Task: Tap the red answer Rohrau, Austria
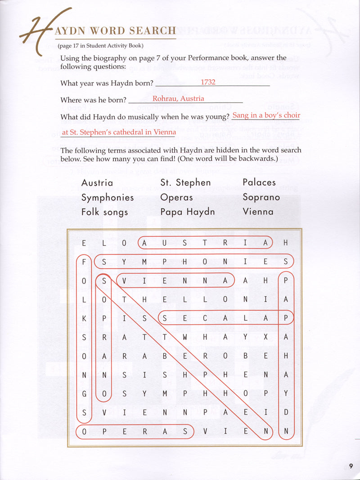pyautogui.click(x=178, y=99)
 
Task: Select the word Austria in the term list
pyautogui.click(x=97, y=182)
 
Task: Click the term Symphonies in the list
pyautogui.click(x=108, y=197)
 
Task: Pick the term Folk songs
pyautogui.click(x=104, y=212)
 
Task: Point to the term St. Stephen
pyautogui.click(x=185, y=182)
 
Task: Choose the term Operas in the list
pyautogui.click(x=176, y=197)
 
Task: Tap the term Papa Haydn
pyautogui.click(x=187, y=212)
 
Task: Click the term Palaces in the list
pyautogui.click(x=259, y=182)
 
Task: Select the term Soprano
pyautogui.click(x=261, y=197)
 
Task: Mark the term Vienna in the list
pyautogui.click(x=258, y=212)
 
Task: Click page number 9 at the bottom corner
pyautogui.click(x=351, y=466)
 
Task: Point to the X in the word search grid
pyautogui.click(x=265, y=336)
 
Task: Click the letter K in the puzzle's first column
pyautogui.click(x=84, y=318)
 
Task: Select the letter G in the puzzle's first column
pyautogui.click(x=84, y=393)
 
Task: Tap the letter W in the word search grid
pyautogui.click(x=185, y=336)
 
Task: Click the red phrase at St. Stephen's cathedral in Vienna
pyautogui.click(x=118, y=132)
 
